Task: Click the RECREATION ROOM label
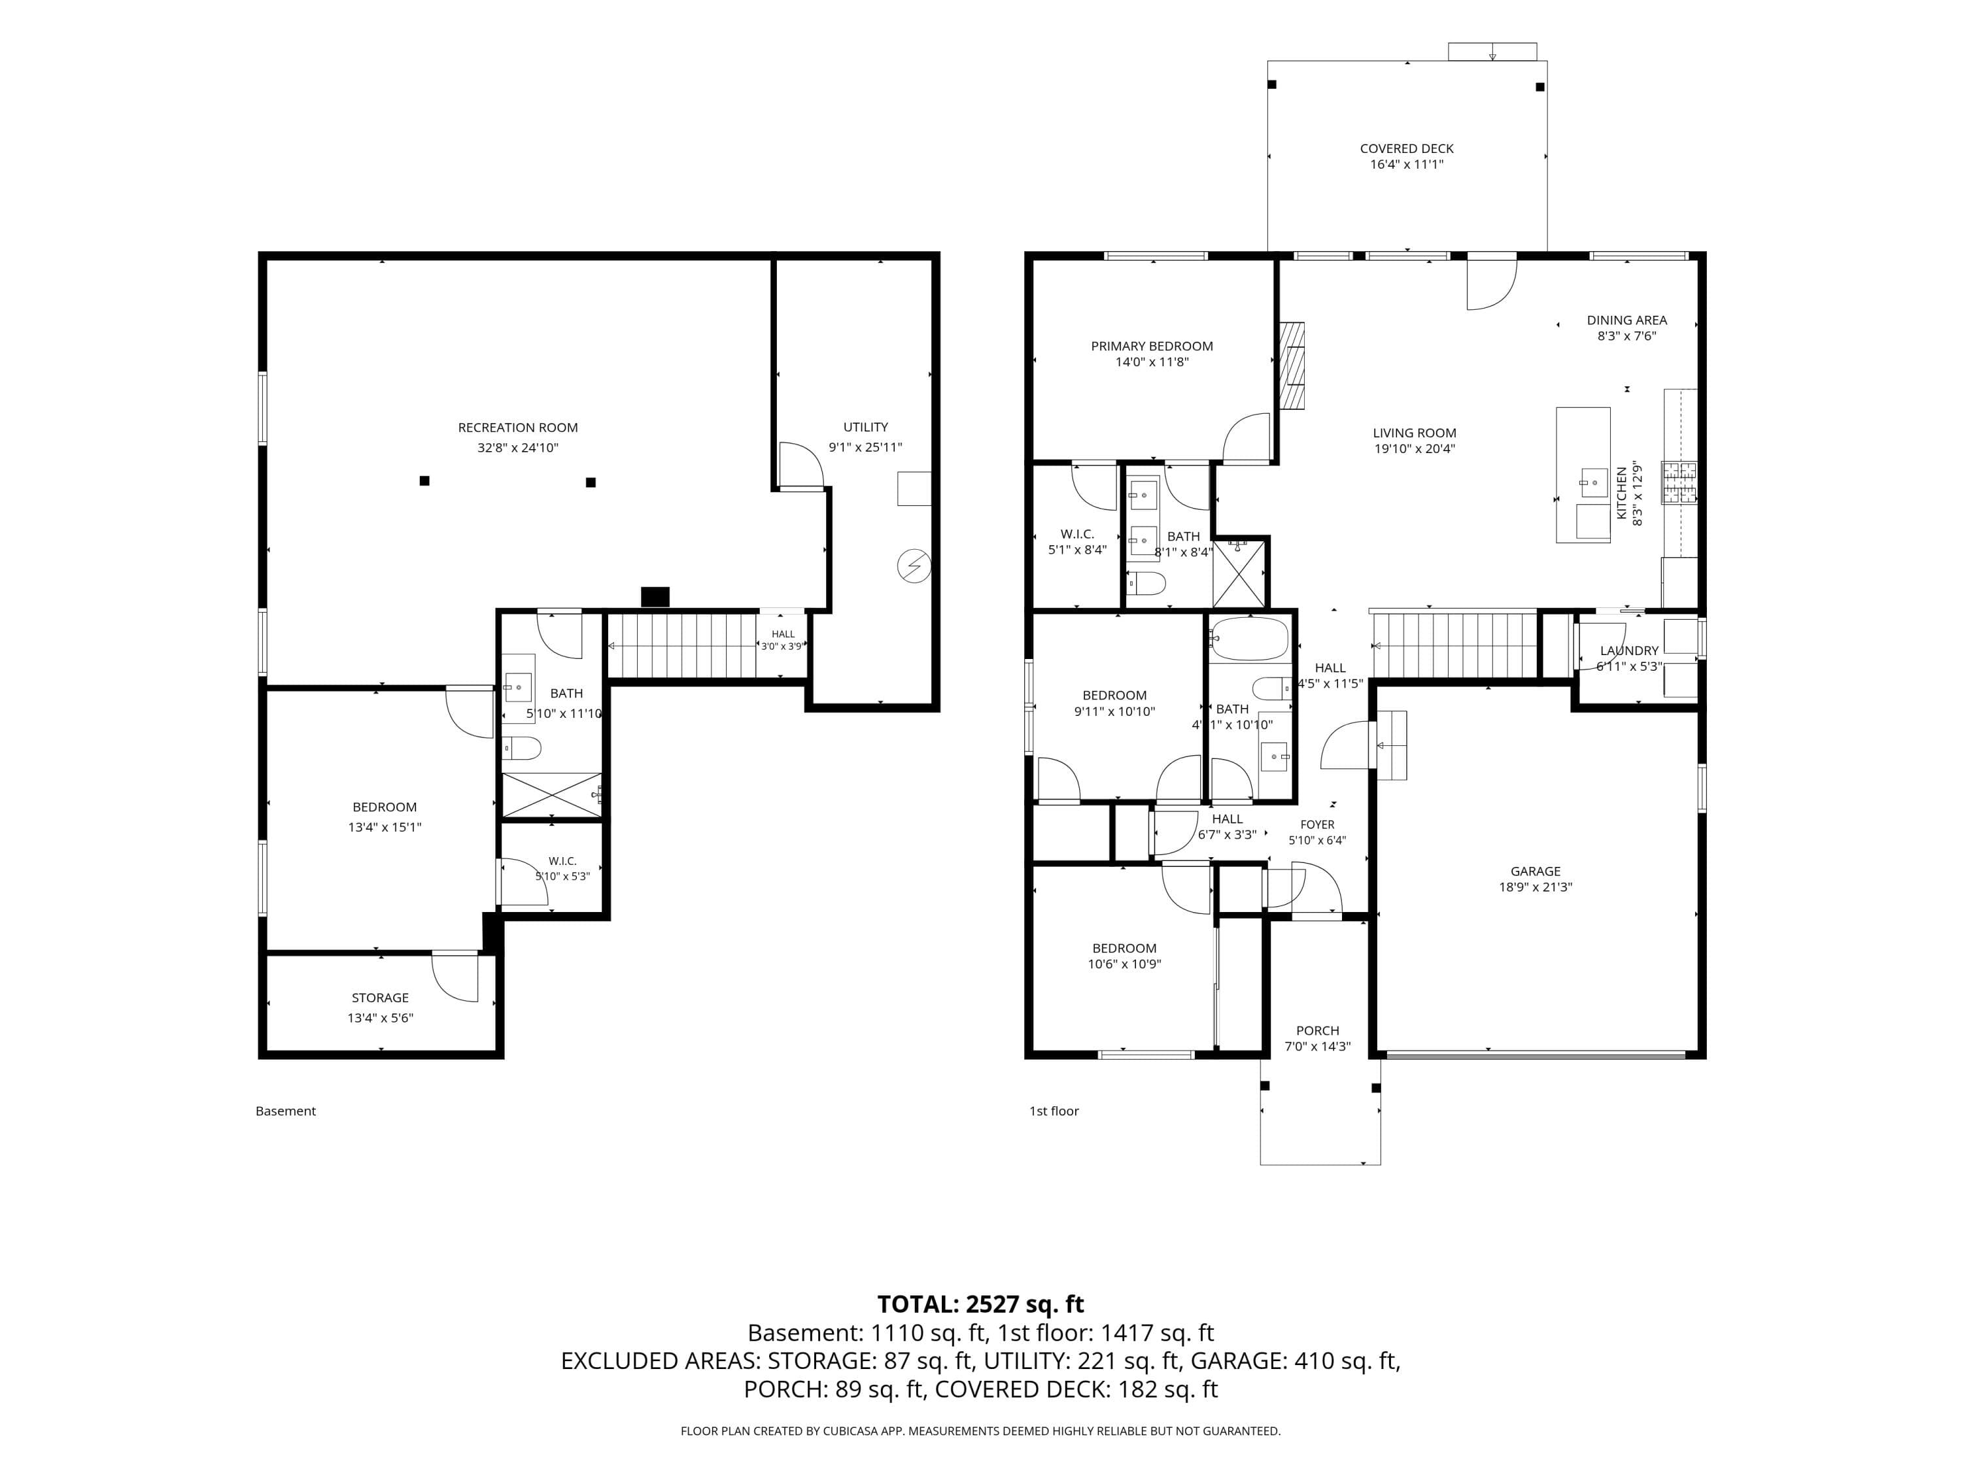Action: click(518, 428)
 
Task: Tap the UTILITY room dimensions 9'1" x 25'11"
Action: click(866, 448)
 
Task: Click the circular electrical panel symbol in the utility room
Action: click(914, 566)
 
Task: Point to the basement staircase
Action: click(682, 647)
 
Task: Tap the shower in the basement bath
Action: click(552, 794)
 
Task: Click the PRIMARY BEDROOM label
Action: click(1152, 346)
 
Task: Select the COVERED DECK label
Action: click(1407, 148)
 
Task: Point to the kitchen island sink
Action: click(1594, 483)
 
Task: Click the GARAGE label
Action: click(1536, 871)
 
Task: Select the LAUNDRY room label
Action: click(1629, 650)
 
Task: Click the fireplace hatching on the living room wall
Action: click(1292, 365)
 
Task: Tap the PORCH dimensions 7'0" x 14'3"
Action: click(1318, 1046)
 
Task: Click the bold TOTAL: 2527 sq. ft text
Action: click(981, 1304)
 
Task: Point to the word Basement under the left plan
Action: click(286, 1111)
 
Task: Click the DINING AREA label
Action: click(1626, 320)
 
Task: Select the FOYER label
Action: click(1317, 824)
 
